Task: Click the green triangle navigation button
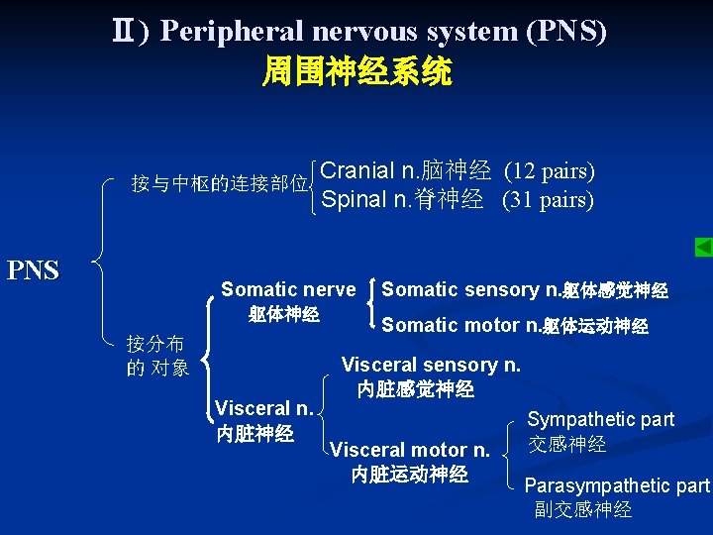pos(702,247)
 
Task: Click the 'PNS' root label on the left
pos(34,269)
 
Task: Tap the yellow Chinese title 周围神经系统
pos(356,71)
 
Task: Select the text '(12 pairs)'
pos(550,170)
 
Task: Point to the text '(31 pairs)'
pos(548,200)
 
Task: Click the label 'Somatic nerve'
pos(287,289)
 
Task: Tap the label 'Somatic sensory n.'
pos(470,290)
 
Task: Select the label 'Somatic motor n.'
pos(460,325)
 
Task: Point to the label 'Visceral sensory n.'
pos(431,365)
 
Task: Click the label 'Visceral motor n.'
pos(410,450)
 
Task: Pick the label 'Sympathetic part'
pos(600,419)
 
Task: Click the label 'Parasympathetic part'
pos(616,485)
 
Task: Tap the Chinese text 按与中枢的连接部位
pos(220,184)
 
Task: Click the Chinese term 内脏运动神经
pos(410,475)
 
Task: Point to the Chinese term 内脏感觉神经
pos(416,389)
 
